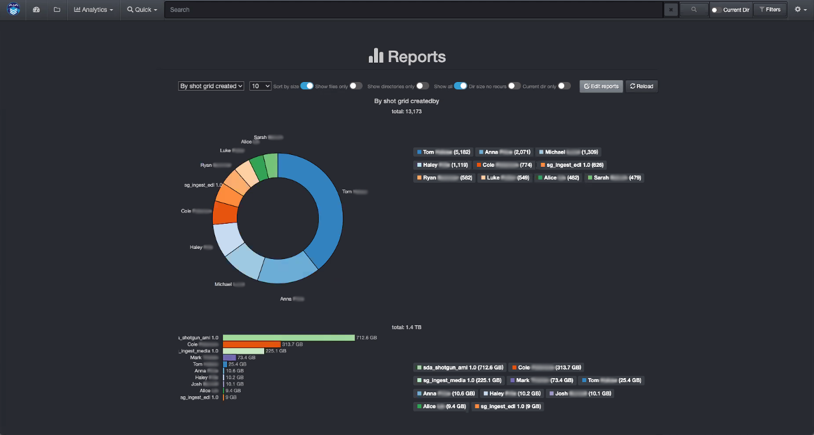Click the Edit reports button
(601, 86)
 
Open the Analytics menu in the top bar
(93, 10)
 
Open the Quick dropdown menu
(142, 10)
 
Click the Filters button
(770, 10)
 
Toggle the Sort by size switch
(307, 86)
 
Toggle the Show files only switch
(356, 86)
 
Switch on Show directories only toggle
(422, 86)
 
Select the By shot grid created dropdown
(211, 86)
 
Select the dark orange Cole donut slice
(224, 212)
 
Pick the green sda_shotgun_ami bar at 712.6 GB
(289, 338)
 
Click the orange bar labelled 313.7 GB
(252, 344)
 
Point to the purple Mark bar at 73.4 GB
(229, 358)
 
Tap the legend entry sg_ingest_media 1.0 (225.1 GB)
(459, 380)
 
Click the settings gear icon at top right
(800, 10)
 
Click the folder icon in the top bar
(57, 10)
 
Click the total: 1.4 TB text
(406, 327)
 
